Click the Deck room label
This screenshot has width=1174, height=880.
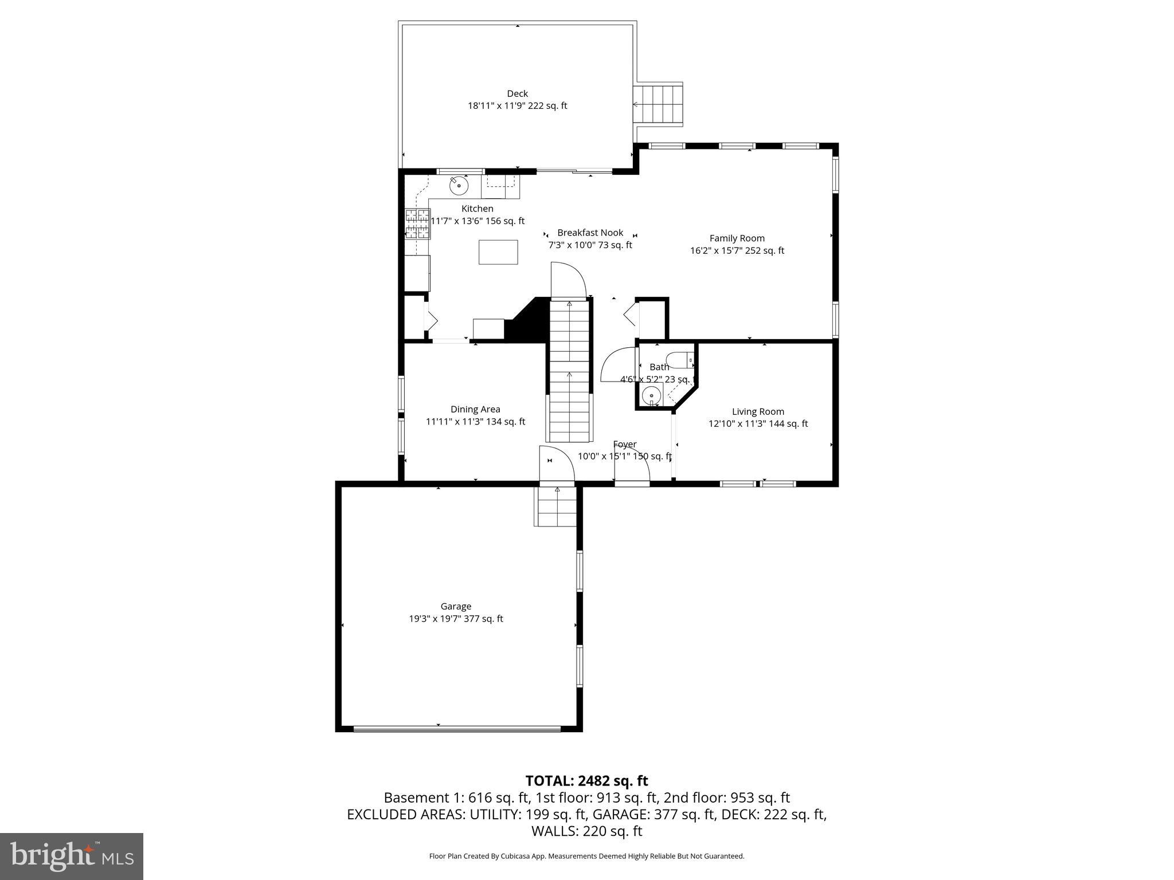[517, 93]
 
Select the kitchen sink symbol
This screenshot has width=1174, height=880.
[459, 186]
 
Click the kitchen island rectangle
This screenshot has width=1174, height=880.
[498, 252]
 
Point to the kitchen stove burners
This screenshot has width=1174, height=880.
[417, 224]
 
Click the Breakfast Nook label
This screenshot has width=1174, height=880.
[590, 233]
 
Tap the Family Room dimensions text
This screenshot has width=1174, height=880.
[737, 250]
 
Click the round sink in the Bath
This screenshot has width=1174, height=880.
[651, 395]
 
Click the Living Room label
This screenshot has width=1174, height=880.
[757, 411]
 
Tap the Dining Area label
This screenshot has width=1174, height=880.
[475, 409]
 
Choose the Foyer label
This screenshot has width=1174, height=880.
[624, 444]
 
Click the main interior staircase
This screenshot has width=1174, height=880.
[569, 372]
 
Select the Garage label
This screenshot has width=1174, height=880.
[456, 606]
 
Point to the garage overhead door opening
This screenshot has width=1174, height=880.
[457, 729]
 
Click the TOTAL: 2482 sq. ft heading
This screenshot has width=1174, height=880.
[586, 780]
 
